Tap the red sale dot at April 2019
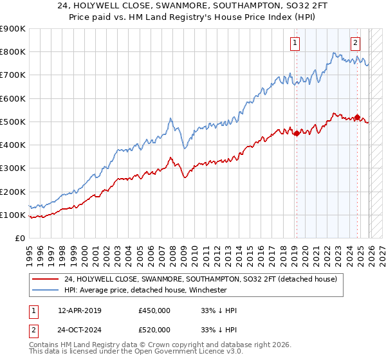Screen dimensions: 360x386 [x=297, y=134]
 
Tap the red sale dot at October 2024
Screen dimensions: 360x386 [x=357, y=117]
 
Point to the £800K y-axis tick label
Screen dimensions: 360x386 [x=12, y=52]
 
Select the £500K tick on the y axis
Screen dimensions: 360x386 [x=12, y=122]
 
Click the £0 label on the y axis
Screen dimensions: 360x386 [x=19, y=238]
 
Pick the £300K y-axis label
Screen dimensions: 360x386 [x=12, y=168]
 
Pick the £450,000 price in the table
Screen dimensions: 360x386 [x=154, y=310]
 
